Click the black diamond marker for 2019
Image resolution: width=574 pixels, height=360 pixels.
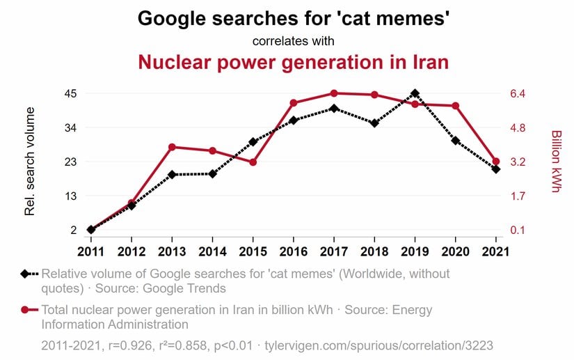pos(415,93)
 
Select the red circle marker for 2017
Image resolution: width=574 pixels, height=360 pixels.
pos(334,93)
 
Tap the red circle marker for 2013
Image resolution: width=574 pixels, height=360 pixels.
pos(172,147)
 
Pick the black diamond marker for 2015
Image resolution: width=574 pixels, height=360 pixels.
pos(253,142)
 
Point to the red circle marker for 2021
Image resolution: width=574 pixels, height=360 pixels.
pos(496,162)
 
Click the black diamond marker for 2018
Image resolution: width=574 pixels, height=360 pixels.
pos(374,123)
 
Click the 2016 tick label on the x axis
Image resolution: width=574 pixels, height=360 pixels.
pos(294,251)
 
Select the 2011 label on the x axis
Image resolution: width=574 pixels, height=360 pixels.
pos(90,251)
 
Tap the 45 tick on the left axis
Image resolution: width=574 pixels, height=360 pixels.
pos(70,93)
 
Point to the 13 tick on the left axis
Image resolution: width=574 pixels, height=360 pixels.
pos(70,196)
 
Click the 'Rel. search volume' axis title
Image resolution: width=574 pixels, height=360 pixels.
pos(30,161)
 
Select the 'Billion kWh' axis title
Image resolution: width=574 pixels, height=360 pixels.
pos(556,161)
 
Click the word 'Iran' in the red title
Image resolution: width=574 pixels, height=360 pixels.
pos(424,62)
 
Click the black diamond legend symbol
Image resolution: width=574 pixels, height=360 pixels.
pos(25,274)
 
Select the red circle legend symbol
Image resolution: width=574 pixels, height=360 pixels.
pos(25,310)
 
